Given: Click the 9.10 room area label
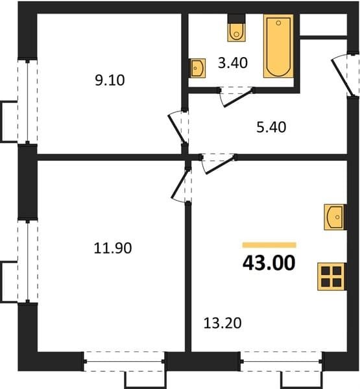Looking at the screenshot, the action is click(110, 80).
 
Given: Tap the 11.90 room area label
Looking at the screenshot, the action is click(113, 248).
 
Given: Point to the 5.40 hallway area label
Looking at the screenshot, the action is click(271, 127).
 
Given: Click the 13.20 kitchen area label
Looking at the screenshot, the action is click(222, 324).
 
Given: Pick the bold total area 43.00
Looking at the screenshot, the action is click(269, 263).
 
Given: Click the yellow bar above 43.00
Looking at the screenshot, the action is click(269, 245).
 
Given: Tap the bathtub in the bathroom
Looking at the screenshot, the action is click(278, 46).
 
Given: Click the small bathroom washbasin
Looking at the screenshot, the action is click(198, 68).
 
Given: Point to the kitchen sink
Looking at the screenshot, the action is click(334, 217).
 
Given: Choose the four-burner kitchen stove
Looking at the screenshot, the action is click(331, 277).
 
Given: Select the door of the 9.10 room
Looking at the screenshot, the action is click(177, 128).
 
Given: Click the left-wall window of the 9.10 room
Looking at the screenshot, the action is click(27, 101).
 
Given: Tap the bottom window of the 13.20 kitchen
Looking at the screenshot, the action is click(282, 362).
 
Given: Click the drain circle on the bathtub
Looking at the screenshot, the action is click(278, 23).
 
